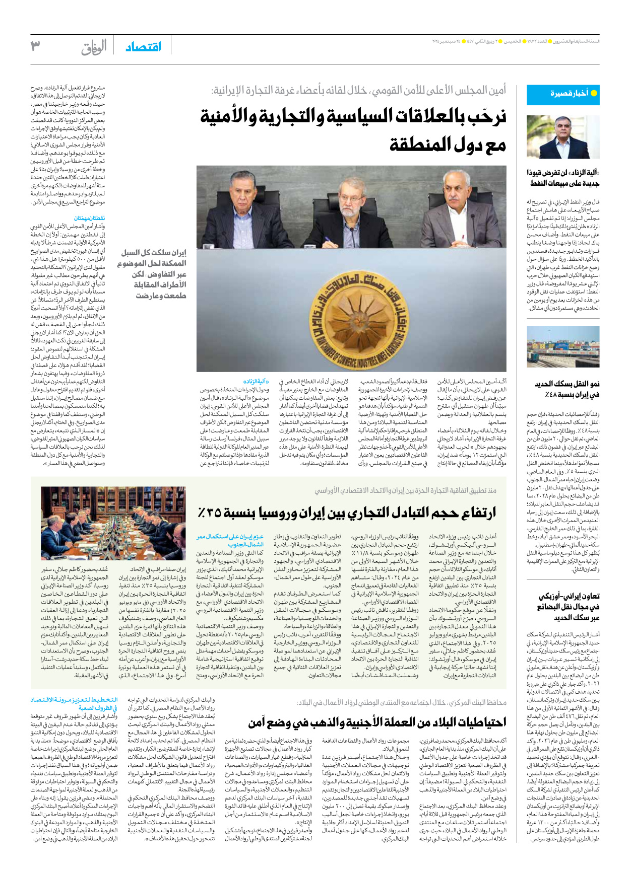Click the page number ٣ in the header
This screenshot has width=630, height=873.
(35, 46)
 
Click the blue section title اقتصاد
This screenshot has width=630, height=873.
(144, 47)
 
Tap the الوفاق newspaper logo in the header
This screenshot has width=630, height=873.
(94, 47)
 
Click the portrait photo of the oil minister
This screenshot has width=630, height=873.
(563, 137)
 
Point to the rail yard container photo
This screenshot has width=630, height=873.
(563, 347)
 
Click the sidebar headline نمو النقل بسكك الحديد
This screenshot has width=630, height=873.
(567, 389)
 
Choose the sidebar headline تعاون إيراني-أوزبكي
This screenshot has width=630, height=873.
(569, 607)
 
